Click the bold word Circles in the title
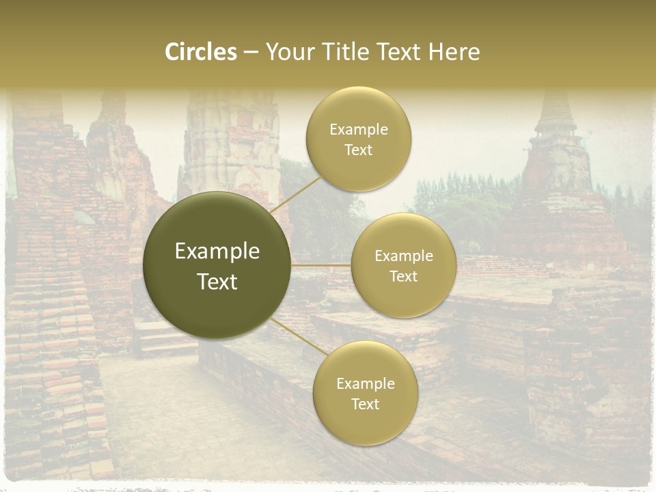tap(200, 52)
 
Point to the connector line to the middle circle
tap(320, 264)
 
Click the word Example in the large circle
tap(217, 251)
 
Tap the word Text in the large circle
tap(217, 282)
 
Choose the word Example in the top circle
tap(359, 130)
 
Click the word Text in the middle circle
tap(403, 276)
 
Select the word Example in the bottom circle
tap(366, 383)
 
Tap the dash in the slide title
tap(251, 52)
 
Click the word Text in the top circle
tap(359, 150)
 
